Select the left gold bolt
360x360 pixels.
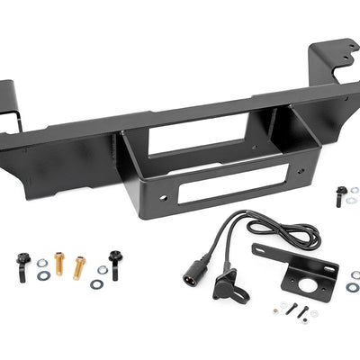tap(59, 263)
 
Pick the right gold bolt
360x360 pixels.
tap(79, 266)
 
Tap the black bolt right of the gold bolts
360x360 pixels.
tap(114, 264)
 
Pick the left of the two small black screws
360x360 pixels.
tap(292, 309)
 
